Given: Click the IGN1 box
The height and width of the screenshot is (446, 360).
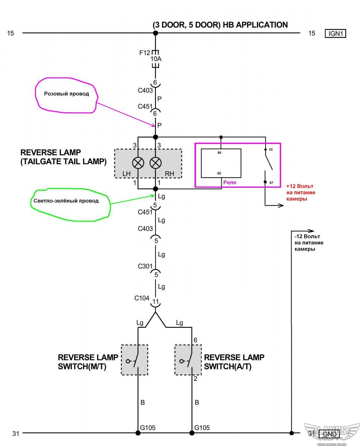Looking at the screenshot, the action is (x=335, y=33).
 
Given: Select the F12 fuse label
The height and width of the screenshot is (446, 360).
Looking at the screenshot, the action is (x=145, y=53).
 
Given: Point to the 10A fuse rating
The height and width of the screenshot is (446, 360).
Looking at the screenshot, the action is (x=156, y=59).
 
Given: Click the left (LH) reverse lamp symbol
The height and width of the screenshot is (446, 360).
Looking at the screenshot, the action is (x=138, y=163).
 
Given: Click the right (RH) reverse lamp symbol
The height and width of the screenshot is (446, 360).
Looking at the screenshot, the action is (x=155, y=163).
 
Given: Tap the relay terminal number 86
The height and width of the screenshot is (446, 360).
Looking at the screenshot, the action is (x=219, y=153).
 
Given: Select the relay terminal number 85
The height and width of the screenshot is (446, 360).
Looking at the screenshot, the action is (x=219, y=174).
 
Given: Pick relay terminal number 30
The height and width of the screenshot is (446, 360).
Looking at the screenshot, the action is (x=271, y=149).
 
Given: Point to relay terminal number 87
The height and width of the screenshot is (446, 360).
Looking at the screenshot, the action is (x=271, y=183).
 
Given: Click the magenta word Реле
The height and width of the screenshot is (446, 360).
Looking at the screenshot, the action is (x=229, y=182).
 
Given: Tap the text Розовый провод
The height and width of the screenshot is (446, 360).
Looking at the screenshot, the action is (x=67, y=94).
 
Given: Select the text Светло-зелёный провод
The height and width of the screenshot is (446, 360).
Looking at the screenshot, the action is (x=66, y=201).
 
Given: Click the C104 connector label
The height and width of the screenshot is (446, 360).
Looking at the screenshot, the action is (x=142, y=298).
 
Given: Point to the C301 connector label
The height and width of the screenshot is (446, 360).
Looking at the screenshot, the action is (x=145, y=266).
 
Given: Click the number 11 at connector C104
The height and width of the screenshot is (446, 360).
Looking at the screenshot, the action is (x=156, y=301).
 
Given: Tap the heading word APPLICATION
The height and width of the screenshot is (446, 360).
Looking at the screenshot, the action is (x=262, y=25).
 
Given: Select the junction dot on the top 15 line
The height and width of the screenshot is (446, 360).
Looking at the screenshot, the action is (x=155, y=33).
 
